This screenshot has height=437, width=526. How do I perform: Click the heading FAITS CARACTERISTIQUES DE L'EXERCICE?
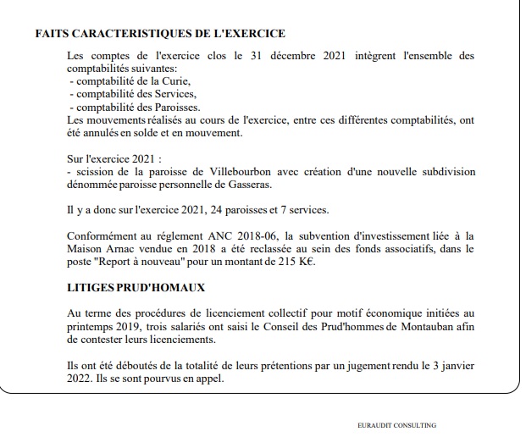coord(159,34)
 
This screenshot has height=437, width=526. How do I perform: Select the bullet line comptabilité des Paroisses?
coord(135,108)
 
